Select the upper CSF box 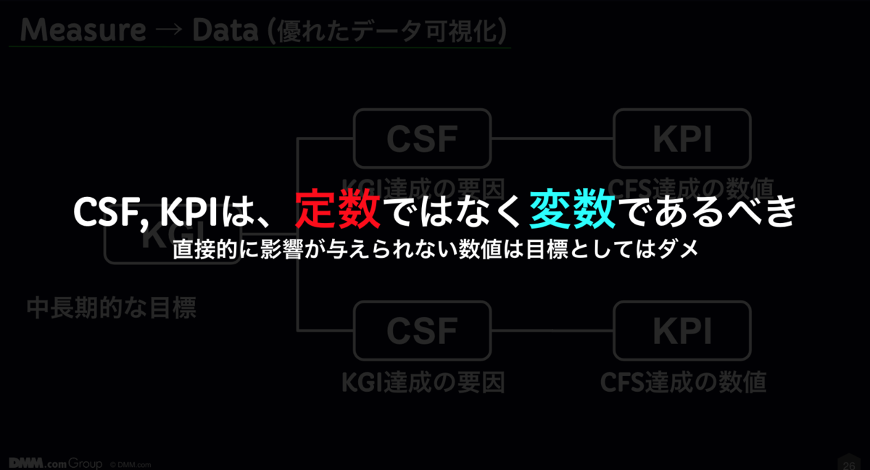(422, 138)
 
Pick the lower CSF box (422, 330)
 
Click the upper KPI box (682, 138)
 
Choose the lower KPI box (682, 330)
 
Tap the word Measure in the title (83, 30)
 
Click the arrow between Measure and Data (168, 31)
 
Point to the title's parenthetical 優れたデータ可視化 (386, 31)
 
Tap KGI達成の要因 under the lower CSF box (423, 382)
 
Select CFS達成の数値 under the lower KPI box (683, 382)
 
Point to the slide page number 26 (848, 463)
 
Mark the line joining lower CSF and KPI (552, 331)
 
